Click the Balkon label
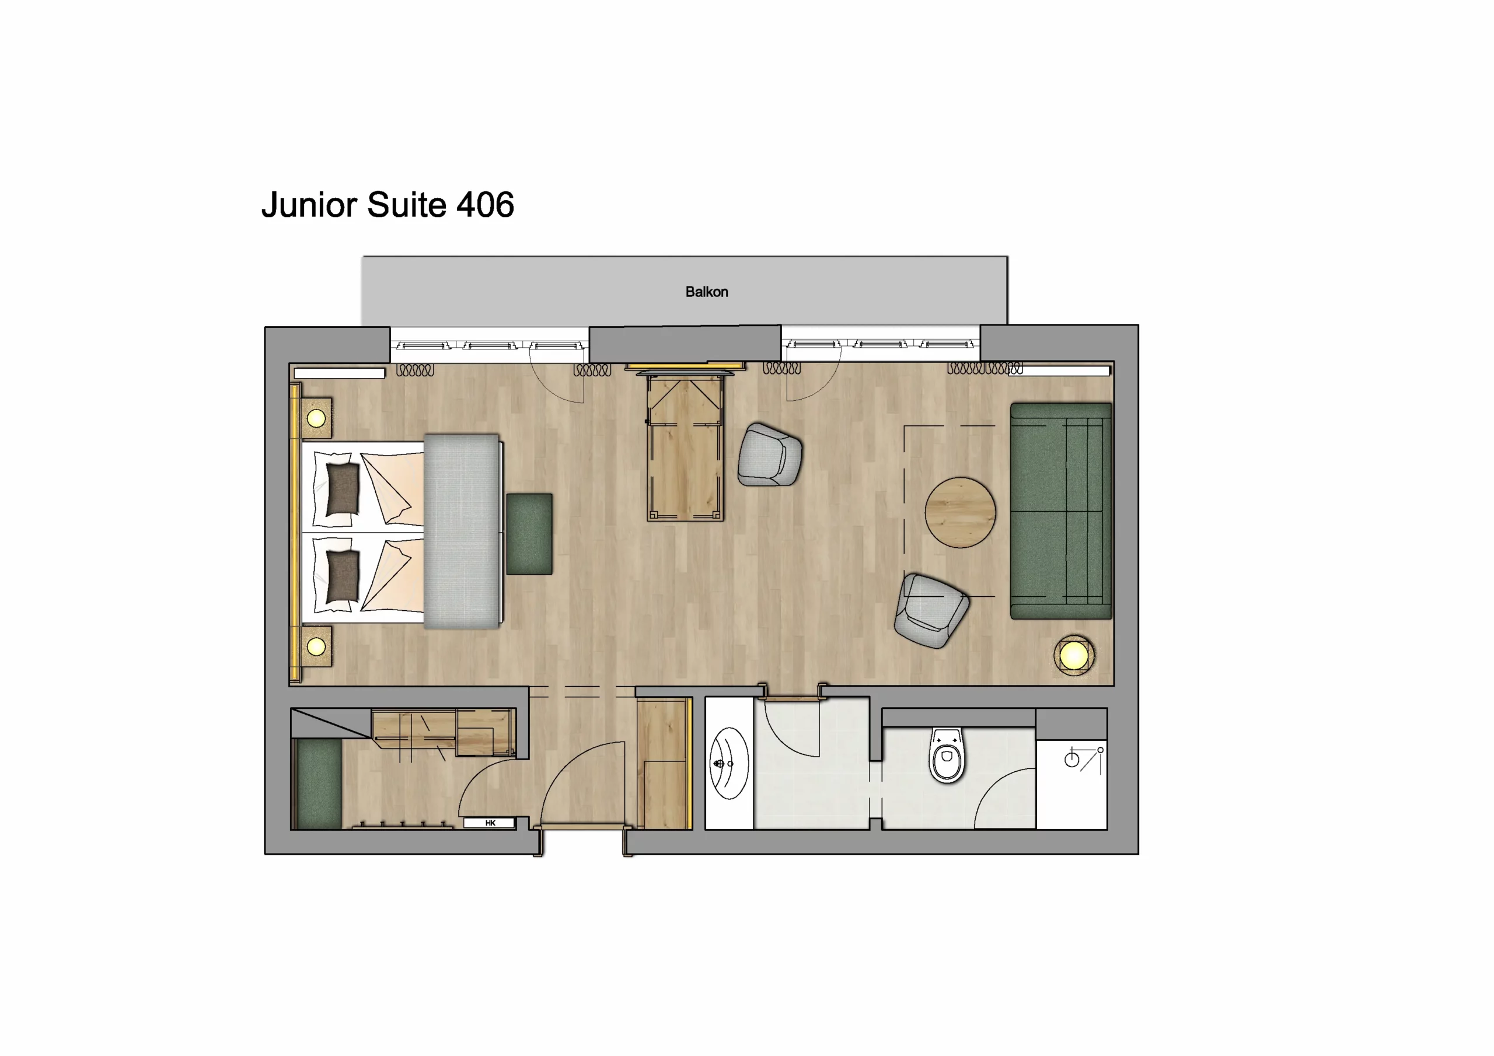point(706,292)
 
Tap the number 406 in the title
point(485,205)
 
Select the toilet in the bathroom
point(947,756)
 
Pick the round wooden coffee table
point(960,513)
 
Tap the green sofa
point(1060,510)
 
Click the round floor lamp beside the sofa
point(1074,655)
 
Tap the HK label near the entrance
point(490,823)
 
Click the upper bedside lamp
point(316,418)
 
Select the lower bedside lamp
point(316,647)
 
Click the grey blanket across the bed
point(462,531)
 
